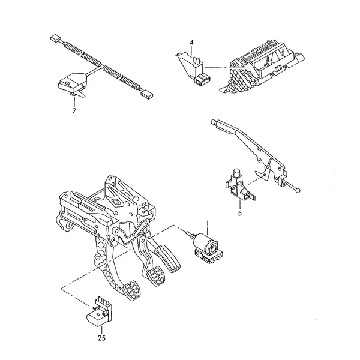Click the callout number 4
point(191,43)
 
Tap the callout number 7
point(74,111)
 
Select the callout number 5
point(239,213)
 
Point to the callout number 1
point(208,223)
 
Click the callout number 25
point(102,338)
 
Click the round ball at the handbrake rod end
point(298,190)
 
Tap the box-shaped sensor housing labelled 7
point(73,85)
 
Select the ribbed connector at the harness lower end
point(147,95)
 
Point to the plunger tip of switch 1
point(188,233)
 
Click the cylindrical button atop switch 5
point(236,173)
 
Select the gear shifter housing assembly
point(262,67)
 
